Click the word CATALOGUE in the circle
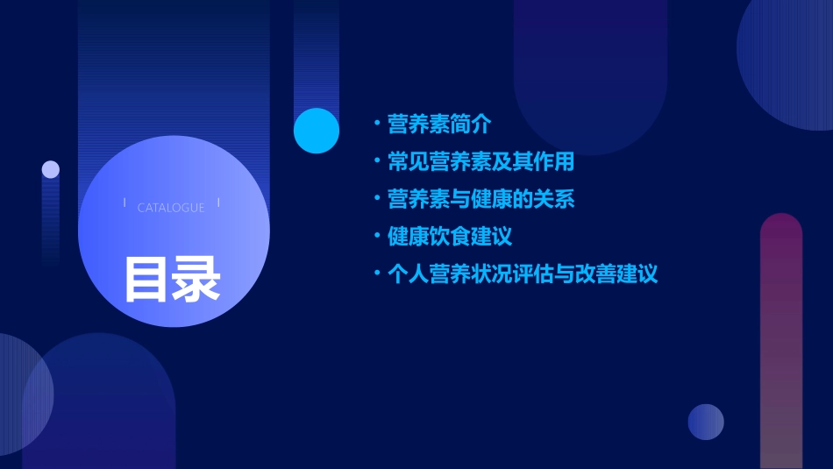171,208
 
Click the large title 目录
172,279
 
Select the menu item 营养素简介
439,124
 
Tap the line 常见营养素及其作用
481,162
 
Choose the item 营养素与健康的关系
481,199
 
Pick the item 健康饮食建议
450,237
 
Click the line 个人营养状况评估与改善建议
522,274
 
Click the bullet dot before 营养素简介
377,124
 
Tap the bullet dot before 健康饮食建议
377,237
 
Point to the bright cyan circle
317,131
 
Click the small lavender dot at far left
51,169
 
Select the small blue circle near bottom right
706,422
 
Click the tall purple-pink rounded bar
781,342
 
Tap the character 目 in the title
146,279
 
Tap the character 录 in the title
196,279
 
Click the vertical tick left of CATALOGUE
125,203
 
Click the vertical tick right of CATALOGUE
218,203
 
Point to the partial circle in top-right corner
789,61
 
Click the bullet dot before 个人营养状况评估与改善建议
377,274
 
